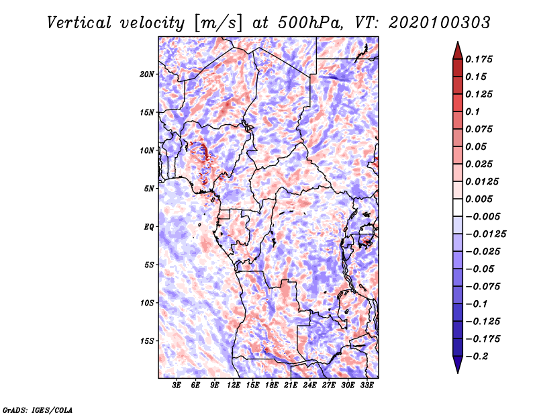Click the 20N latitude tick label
pyautogui.click(x=146, y=75)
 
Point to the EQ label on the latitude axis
pyautogui.click(x=148, y=227)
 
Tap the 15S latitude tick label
pyautogui.click(x=146, y=341)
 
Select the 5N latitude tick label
pyautogui.click(x=148, y=189)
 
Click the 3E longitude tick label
pyautogui.click(x=177, y=385)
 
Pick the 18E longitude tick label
pyautogui.click(x=272, y=385)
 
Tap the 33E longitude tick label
pyautogui.click(x=367, y=385)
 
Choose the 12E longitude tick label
pyautogui.click(x=234, y=385)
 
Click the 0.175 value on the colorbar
pyautogui.click(x=479, y=59)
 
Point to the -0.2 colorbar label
pyautogui.click(x=477, y=357)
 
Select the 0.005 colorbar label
pyautogui.click(x=479, y=199)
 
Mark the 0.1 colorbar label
pyautogui.click(x=473, y=111)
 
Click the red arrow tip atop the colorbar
pyautogui.click(x=458, y=42)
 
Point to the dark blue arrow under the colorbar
pyautogui.click(x=458, y=365)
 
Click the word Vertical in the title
pyautogui.click(x=79, y=23)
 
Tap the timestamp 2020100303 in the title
pyautogui.click(x=440, y=23)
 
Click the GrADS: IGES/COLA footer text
pyautogui.click(x=38, y=410)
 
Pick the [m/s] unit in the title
pyautogui.click(x=218, y=24)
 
